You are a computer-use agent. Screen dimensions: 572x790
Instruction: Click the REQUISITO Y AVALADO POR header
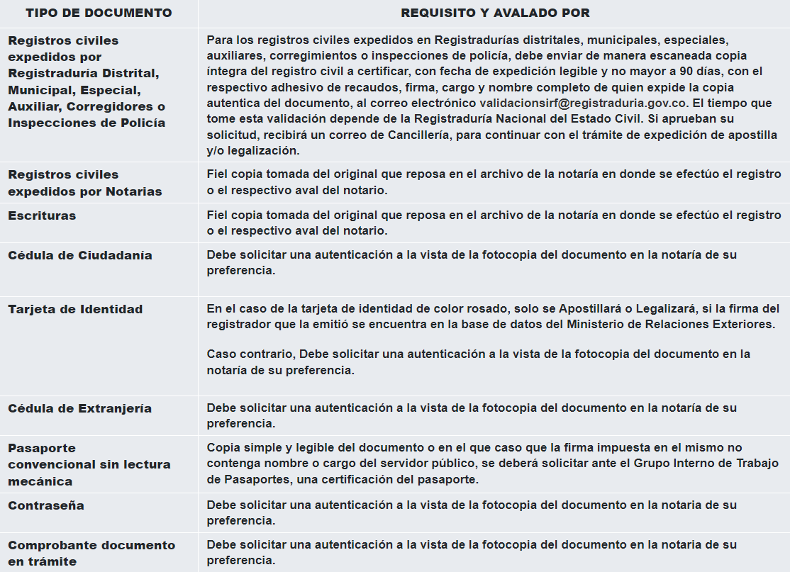495,13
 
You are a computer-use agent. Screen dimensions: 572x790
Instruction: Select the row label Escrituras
42,215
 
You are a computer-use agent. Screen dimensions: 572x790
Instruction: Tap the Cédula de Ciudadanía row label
80,255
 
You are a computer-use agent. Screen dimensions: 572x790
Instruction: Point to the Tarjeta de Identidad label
75,309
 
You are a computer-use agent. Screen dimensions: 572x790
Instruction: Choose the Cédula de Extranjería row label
79,408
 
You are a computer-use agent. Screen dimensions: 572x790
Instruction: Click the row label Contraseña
46,505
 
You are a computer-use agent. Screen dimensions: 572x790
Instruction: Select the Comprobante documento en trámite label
91,553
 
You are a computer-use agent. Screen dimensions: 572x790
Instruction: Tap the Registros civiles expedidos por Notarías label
85,183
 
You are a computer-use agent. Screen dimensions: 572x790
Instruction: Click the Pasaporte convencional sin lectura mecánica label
89,464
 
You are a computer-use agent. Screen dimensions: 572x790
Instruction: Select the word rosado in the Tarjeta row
482,309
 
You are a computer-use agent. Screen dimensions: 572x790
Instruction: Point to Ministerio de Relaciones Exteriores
672,325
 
